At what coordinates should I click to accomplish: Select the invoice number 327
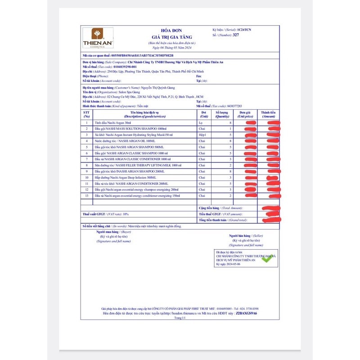(235, 34)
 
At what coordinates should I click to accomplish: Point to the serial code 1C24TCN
(245, 30)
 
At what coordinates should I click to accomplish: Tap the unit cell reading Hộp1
(202, 135)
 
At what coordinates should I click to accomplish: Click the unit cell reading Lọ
(200, 122)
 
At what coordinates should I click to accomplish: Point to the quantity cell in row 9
(230, 171)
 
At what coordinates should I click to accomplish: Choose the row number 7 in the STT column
(86, 159)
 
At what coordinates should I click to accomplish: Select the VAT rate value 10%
(126, 214)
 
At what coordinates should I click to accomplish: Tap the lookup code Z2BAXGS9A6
(249, 313)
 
